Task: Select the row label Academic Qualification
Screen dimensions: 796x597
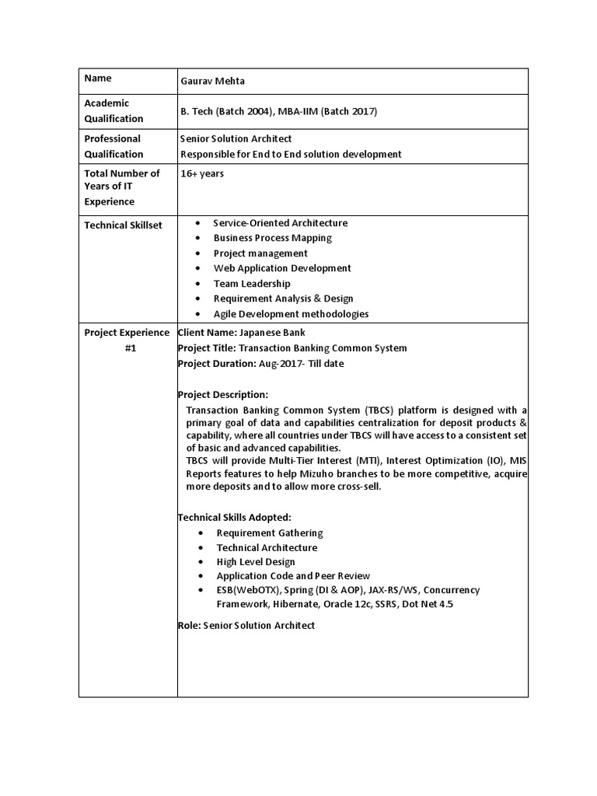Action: point(113,110)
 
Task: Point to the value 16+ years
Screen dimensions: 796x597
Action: point(202,173)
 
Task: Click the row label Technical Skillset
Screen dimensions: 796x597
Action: point(123,224)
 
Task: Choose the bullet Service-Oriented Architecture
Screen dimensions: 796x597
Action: point(281,223)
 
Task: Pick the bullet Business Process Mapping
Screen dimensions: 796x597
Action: point(272,238)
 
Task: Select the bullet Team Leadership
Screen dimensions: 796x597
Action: point(252,284)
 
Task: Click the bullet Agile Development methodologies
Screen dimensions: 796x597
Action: point(291,314)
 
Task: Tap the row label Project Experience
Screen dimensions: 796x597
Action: point(127,333)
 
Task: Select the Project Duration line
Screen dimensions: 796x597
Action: point(260,363)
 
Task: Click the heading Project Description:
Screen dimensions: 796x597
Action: point(223,395)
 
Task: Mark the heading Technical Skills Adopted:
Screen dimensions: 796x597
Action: point(235,517)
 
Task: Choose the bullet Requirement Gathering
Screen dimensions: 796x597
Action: point(270,532)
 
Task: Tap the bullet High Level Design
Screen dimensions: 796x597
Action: point(256,562)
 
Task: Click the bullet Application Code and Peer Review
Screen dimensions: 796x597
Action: point(293,576)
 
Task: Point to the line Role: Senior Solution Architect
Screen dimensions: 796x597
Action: point(246,625)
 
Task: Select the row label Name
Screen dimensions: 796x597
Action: point(98,79)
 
